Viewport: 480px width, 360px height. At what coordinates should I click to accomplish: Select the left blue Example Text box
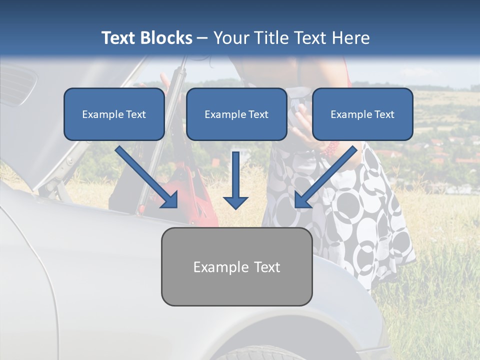pos(114,114)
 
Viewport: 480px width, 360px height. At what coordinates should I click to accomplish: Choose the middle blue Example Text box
pos(236,114)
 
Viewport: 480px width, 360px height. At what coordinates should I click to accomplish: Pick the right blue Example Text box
pos(362,114)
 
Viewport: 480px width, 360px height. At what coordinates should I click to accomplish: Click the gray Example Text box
pos(236,266)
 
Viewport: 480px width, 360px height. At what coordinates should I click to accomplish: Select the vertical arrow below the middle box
pos(235,180)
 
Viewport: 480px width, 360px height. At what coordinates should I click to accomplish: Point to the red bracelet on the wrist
pos(331,148)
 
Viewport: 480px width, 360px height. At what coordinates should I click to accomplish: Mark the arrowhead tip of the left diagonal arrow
pos(176,206)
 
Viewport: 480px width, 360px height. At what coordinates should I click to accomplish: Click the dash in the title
pos(202,38)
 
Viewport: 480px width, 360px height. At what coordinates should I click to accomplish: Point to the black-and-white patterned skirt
pos(360,210)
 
